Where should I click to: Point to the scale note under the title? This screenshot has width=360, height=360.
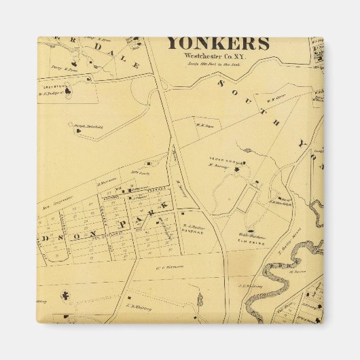pyautogui.click(x=217, y=64)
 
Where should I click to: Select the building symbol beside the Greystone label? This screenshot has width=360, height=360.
pyautogui.click(x=87, y=79)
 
